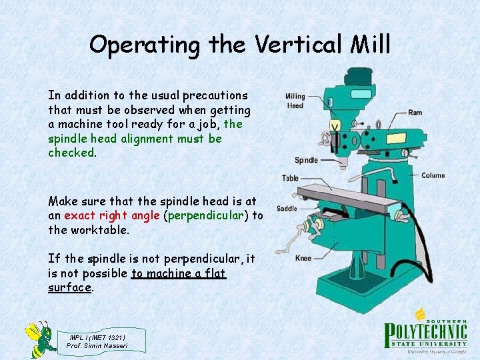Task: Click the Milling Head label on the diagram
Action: tap(295, 101)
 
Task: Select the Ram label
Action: tap(415, 113)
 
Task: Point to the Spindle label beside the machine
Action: tap(306, 160)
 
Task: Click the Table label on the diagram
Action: tap(290, 178)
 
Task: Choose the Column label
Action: tap(433, 175)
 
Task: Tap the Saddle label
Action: tap(287, 209)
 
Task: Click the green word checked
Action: tap(71, 153)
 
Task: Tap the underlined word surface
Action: tap(69, 287)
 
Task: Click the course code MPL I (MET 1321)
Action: tap(97, 337)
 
